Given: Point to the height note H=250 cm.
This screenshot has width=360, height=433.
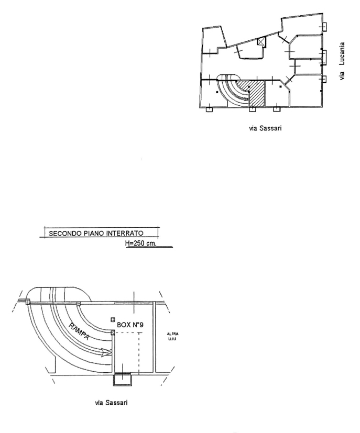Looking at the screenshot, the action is (x=140, y=243).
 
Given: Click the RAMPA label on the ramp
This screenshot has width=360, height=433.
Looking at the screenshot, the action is (x=79, y=331).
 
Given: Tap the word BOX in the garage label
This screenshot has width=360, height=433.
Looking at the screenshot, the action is (x=123, y=325).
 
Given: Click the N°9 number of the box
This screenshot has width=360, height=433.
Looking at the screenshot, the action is (x=137, y=325).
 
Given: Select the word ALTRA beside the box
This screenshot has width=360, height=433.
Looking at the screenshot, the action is (x=173, y=334).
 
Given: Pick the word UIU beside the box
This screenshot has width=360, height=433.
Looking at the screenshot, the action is (x=172, y=339).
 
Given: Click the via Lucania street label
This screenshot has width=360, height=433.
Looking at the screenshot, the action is (x=342, y=61).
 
